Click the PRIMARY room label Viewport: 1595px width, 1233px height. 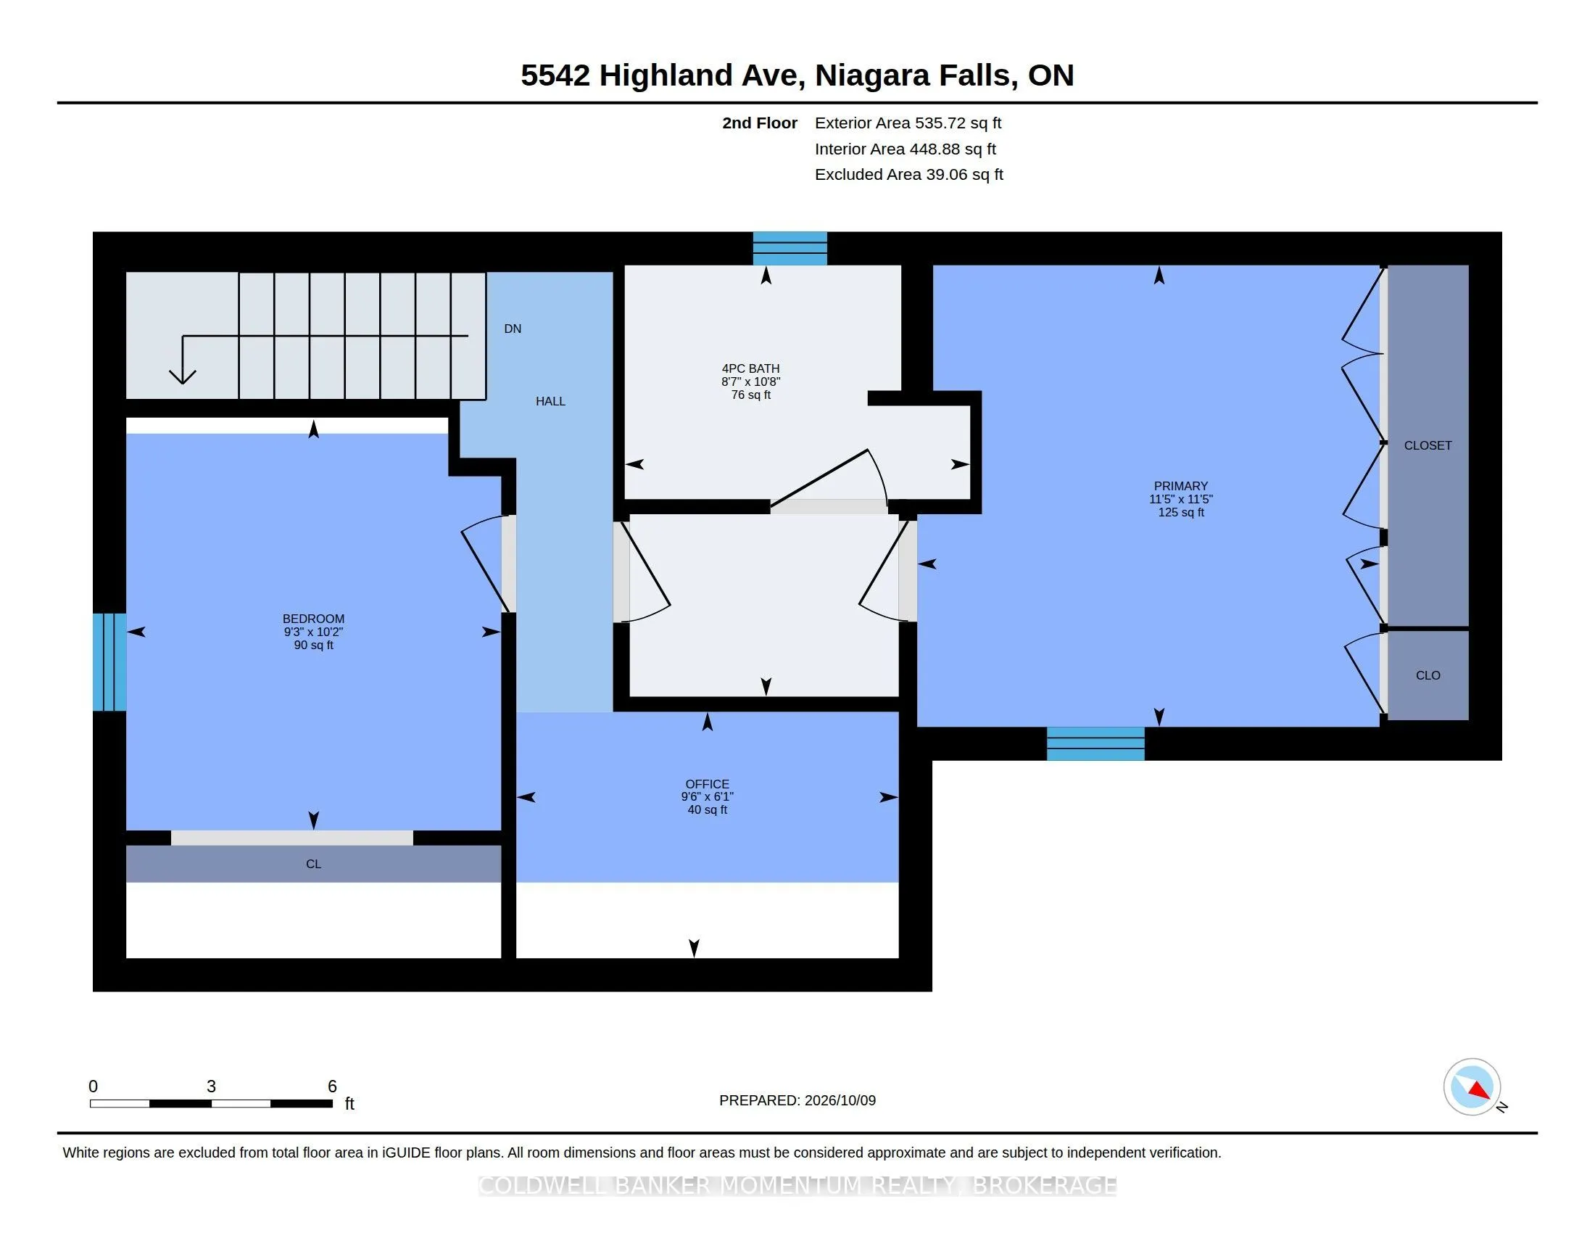pos(1180,486)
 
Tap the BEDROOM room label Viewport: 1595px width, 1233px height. pos(313,619)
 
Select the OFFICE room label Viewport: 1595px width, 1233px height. pos(707,784)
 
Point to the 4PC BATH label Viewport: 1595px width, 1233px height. pos(751,369)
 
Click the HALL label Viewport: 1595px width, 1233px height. pos(551,401)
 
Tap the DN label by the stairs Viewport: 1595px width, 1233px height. pos(513,329)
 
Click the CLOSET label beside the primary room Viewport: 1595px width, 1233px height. pos(1428,445)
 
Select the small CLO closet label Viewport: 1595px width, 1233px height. pos(1428,676)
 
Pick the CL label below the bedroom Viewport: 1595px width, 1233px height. pos(313,864)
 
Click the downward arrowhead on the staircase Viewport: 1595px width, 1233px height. pos(183,376)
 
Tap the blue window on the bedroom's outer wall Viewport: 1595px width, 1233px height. pos(109,661)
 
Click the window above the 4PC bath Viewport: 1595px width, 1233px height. pos(790,248)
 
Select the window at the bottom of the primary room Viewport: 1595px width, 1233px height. pos(1095,743)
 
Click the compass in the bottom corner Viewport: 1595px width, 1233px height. pos(1472,1087)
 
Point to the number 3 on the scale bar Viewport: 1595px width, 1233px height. pos(211,1086)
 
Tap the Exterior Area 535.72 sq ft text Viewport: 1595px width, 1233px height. pos(908,123)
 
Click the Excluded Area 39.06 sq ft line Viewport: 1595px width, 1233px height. pos(908,175)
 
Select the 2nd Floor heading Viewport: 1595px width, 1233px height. pos(760,123)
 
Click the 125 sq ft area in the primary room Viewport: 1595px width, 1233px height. pos(1181,513)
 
